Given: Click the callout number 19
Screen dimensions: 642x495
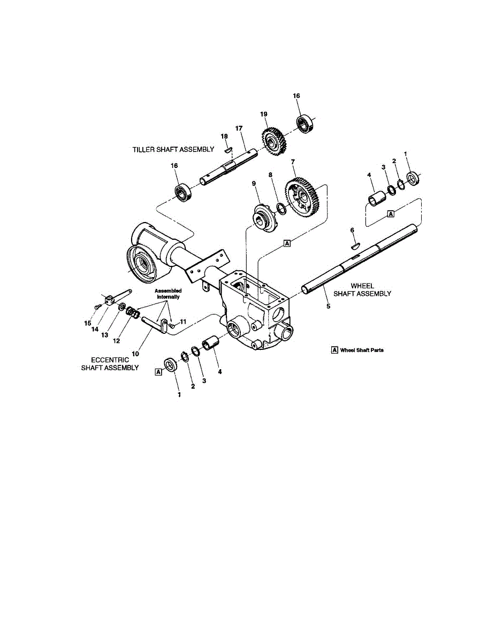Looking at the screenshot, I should pyautogui.click(x=263, y=114).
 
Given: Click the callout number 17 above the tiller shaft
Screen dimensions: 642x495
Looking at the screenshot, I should pyautogui.click(x=239, y=128).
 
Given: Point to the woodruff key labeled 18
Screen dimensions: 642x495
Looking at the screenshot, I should pyautogui.click(x=227, y=150).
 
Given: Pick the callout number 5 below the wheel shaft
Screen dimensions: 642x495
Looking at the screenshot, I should pyautogui.click(x=328, y=307).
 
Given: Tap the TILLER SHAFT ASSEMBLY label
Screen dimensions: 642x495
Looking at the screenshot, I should pyautogui.click(x=173, y=149).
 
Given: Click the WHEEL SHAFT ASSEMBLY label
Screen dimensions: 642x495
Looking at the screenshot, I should pyautogui.click(x=362, y=289).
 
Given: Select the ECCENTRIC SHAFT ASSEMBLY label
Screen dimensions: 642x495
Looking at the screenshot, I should pyautogui.click(x=110, y=364).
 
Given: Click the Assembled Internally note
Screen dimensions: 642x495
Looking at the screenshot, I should pyautogui.click(x=168, y=293).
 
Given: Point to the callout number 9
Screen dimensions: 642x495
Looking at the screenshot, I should pyautogui.click(x=254, y=184).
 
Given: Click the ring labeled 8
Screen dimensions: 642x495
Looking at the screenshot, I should pyautogui.click(x=281, y=208).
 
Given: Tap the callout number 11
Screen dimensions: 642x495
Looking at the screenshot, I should pyautogui.click(x=182, y=322).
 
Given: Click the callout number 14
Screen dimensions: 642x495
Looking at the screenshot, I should pyautogui.click(x=96, y=329).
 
